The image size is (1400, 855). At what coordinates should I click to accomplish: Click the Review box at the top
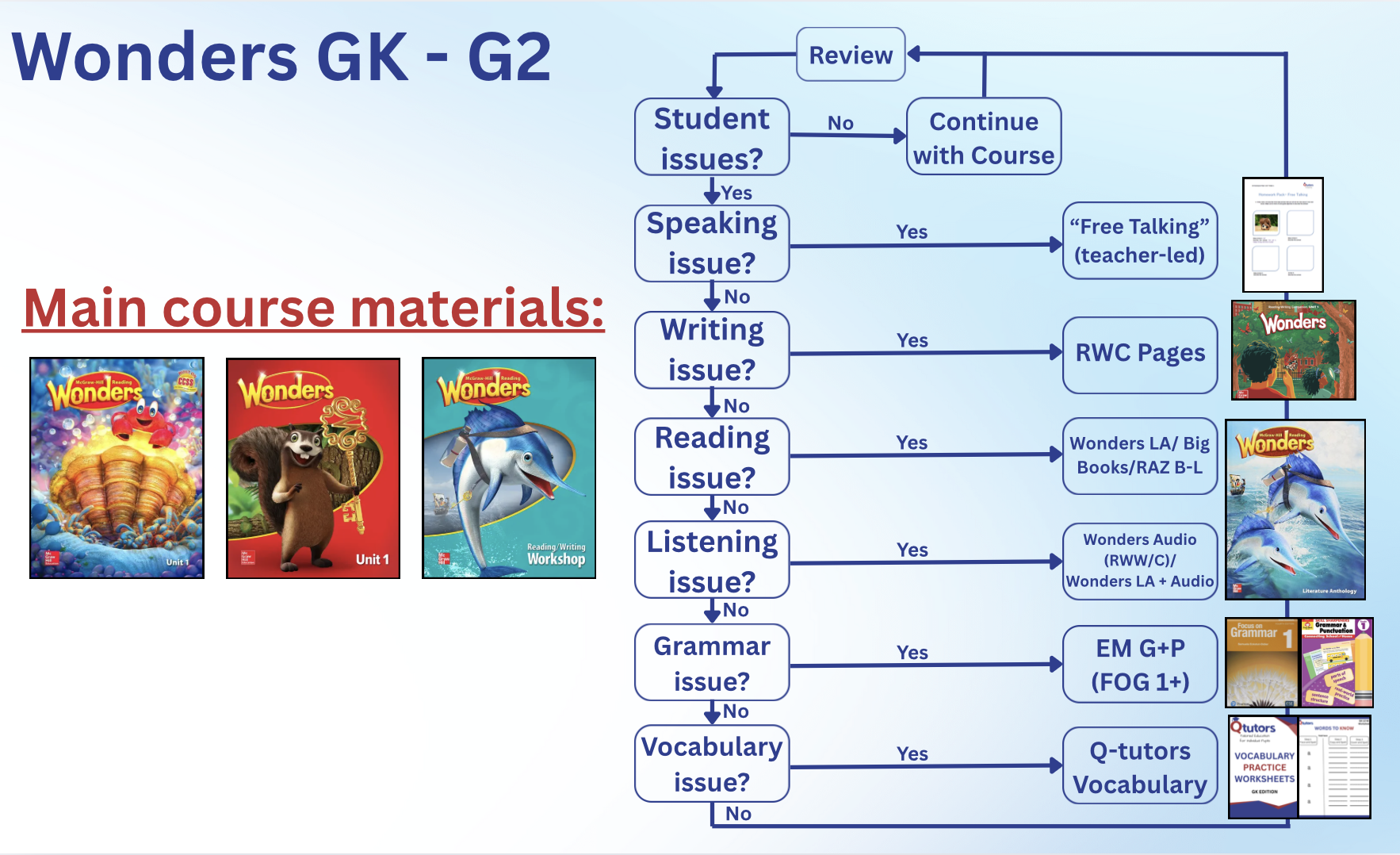pyautogui.click(x=850, y=55)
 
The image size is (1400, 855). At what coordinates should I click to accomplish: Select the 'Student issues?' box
pyautogui.click(x=712, y=137)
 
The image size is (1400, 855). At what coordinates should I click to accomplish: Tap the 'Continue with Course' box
pyautogui.click(x=983, y=137)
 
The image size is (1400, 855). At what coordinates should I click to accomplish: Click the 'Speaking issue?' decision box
pyautogui.click(x=712, y=243)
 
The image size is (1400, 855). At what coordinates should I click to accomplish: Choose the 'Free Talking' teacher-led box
pyautogui.click(x=1139, y=240)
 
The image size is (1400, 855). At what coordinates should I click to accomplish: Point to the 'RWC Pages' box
pyautogui.click(x=1139, y=354)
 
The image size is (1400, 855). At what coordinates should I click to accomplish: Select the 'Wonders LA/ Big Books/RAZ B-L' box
pyautogui.click(x=1139, y=455)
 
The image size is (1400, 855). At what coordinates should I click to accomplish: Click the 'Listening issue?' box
pyautogui.click(x=712, y=560)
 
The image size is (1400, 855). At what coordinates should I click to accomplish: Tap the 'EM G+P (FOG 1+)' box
pyautogui.click(x=1139, y=664)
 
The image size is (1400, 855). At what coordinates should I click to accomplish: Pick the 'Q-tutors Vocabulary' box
pyautogui.click(x=1139, y=766)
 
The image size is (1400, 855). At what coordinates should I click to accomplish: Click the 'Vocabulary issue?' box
pyautogui.click(x=712, y=764)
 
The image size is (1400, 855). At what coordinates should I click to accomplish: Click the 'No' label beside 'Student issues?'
pyautogui.click(x=840, y=123)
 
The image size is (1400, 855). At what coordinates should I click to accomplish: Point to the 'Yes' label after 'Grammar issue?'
pyautogui.click(x=912, y=652)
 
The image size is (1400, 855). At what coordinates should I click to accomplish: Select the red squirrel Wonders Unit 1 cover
pyautogui.click(x=313, y=468)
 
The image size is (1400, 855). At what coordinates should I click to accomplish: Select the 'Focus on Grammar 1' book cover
pyautogui.click(x=1261, y=662)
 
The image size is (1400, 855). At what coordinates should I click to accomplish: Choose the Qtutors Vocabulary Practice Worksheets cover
pyautogui.click(x=1263, y=766)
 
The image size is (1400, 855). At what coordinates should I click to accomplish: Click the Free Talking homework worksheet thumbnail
pyautogui.click(x=1283, y=235)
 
